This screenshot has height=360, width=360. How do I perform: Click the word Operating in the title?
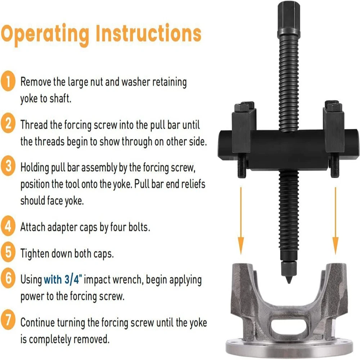(45, 35)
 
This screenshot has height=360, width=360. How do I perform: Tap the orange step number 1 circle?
(8, 81)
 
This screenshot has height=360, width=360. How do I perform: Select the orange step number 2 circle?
(8, 123)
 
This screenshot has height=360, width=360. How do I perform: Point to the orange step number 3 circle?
(8, 166)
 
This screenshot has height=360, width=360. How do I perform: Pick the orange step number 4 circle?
(8, 226)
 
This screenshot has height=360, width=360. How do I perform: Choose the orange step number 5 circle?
(8, 252)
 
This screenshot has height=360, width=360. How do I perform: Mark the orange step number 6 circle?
(8, 278)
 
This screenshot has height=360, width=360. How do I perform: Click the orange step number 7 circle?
(8, 320)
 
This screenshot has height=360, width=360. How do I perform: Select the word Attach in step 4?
(33, 227)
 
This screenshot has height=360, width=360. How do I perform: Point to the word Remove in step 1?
(36, 82)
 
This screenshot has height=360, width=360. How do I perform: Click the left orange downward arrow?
(240, 221)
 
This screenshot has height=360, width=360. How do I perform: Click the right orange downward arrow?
(336, 221)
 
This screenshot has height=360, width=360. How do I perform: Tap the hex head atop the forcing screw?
(289, 19)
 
